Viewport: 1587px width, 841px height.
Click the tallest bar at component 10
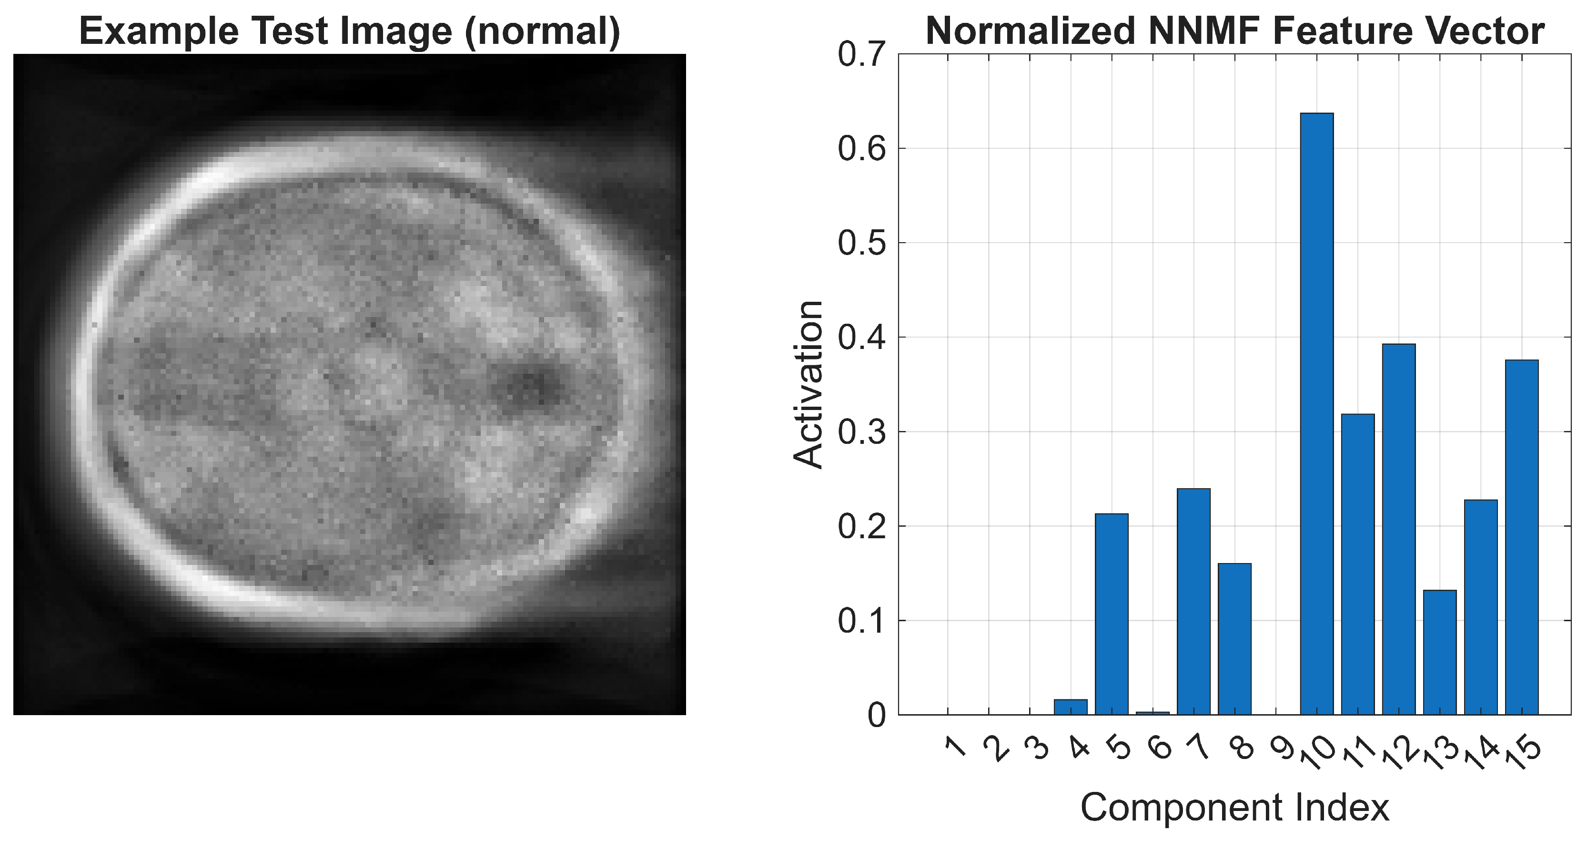[x=1316, y=413]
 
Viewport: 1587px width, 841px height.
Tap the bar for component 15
[x=1522, y=536]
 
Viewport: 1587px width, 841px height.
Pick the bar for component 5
[x=1112, y=614]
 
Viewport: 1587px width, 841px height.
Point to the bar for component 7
[x=1193, y=601]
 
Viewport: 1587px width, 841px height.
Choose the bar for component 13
[x=1440, y=652]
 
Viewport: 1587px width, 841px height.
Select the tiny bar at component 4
[x=1071, y=707]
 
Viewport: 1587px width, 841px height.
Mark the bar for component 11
[x=1358, y=564]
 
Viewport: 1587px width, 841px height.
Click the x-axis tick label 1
[x=954, y=749]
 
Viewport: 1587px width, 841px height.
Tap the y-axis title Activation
[x=808, y=385]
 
